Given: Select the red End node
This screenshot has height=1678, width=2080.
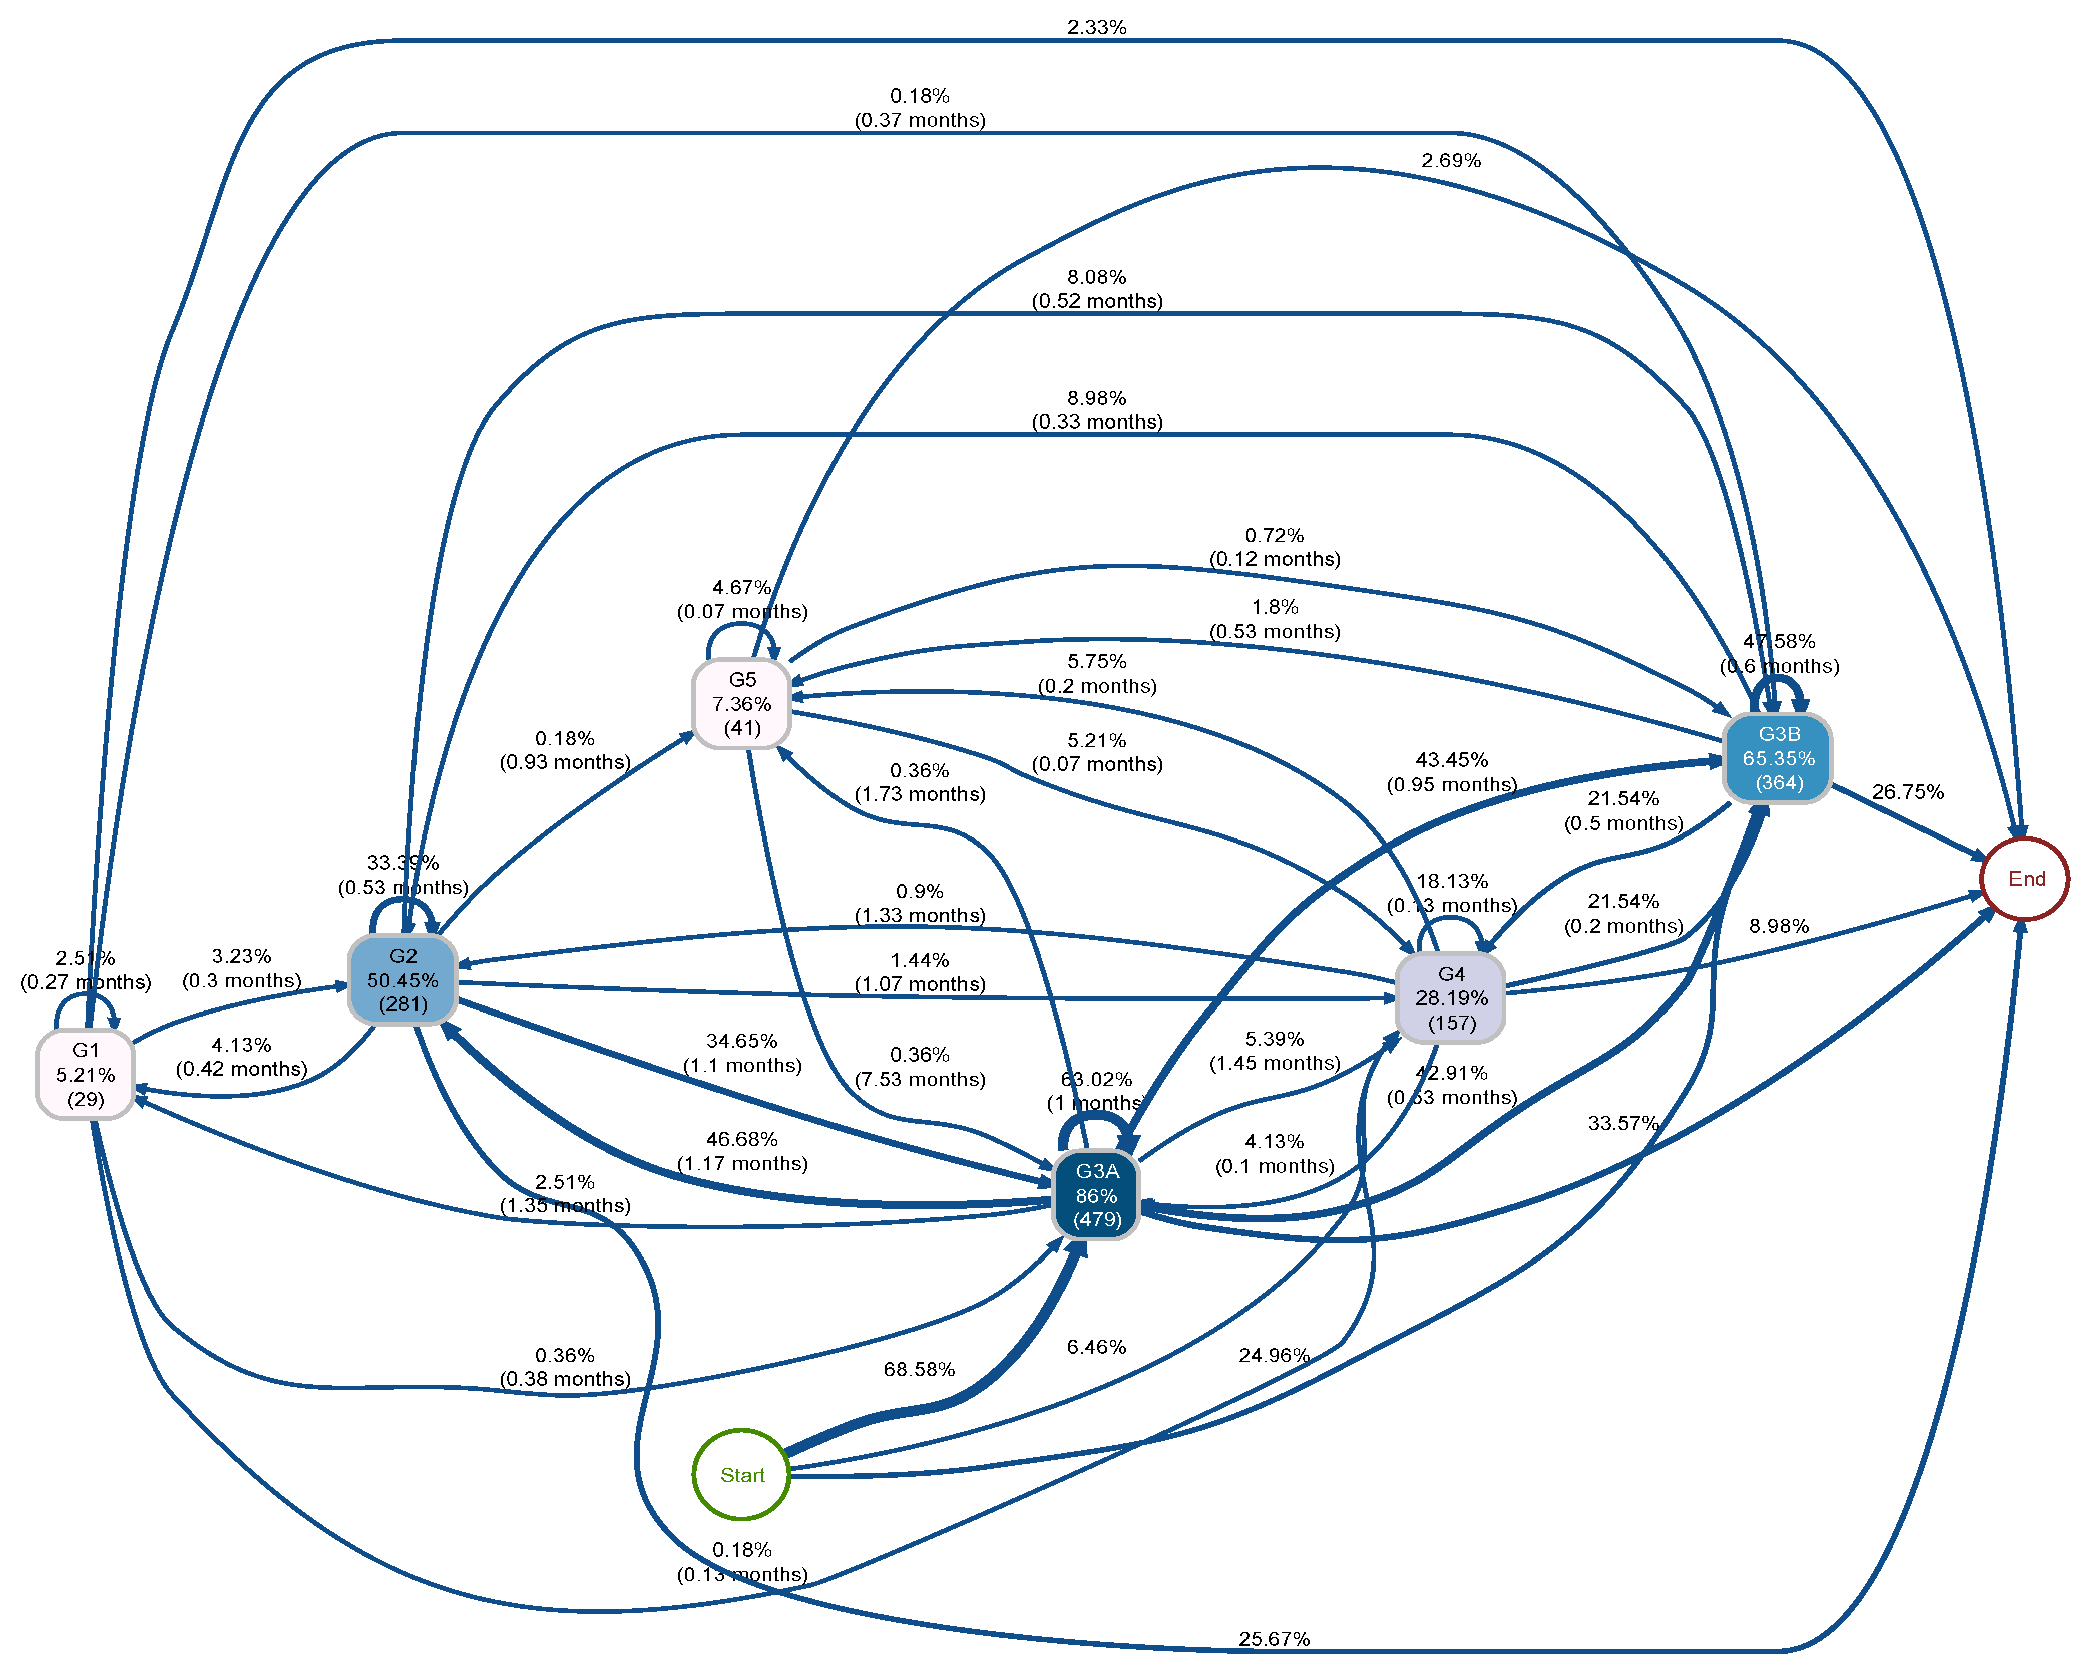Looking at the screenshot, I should coord(2026,879).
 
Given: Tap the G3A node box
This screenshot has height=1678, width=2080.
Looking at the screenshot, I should coord(1096,1195).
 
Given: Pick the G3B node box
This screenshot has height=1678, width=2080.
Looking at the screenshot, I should coord(1778,759).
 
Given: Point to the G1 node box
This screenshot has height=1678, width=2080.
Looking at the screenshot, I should coord(85,1074).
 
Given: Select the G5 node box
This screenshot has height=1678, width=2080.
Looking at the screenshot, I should coord(741,704).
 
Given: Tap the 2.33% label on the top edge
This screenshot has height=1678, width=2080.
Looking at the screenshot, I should coord(1096,27).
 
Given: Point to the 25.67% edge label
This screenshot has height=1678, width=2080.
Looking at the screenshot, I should coord(1274,1639).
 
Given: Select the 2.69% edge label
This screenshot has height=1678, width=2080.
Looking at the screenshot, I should coord(1451,161).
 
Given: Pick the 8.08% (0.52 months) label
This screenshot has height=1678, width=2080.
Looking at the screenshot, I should coord(1096,289).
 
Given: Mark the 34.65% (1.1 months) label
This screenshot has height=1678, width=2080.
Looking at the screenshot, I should coord(741,1053).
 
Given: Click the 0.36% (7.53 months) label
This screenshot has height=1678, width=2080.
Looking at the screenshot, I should coord(919,1067).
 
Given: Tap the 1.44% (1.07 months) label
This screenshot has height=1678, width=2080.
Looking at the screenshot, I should coord(919,972).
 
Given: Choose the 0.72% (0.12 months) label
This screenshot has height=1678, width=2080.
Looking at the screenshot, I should coord(1274,547).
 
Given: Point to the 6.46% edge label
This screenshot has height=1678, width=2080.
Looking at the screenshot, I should coord(1096,1347).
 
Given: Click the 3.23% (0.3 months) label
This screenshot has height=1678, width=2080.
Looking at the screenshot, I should coord(241,968).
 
